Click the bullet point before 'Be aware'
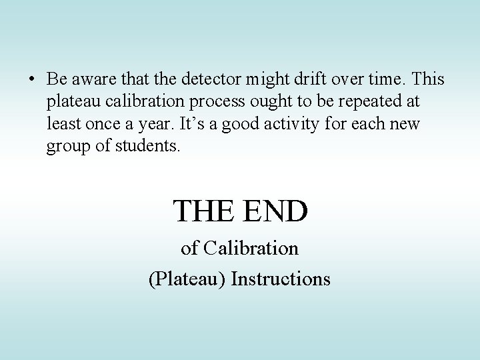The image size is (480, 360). point(31,79)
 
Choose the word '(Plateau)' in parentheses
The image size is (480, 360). point(186,278)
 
